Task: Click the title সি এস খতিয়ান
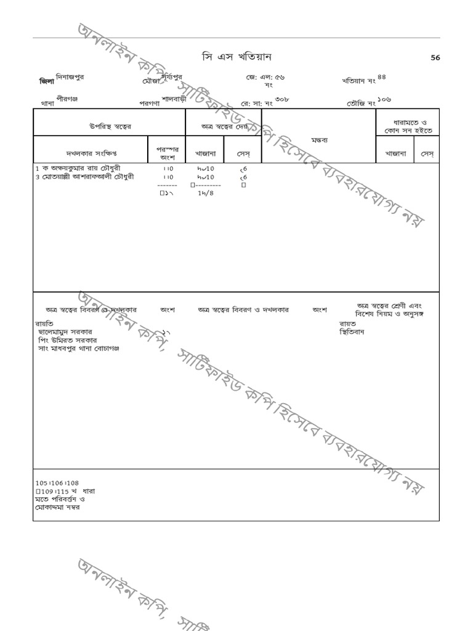click(x=236, y=57)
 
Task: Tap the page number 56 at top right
click(x=435, y=58)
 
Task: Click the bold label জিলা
click(x=46, y=81)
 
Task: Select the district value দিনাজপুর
click(x=70, y=78)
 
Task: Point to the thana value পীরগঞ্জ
click(x=67, y=99)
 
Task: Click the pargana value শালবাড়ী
click(x=173, y=99)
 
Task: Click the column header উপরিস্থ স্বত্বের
click(x=110, y=126)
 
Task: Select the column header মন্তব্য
click(x=319, y=140)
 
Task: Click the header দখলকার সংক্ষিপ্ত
click(x=91, y=153)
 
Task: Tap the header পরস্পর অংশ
click(x=168, y=153)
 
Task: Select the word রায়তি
click(x=44, y=323)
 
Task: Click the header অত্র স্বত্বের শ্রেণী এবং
click(x=389, y=306)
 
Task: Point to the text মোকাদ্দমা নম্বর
click(x=57, y=507)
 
